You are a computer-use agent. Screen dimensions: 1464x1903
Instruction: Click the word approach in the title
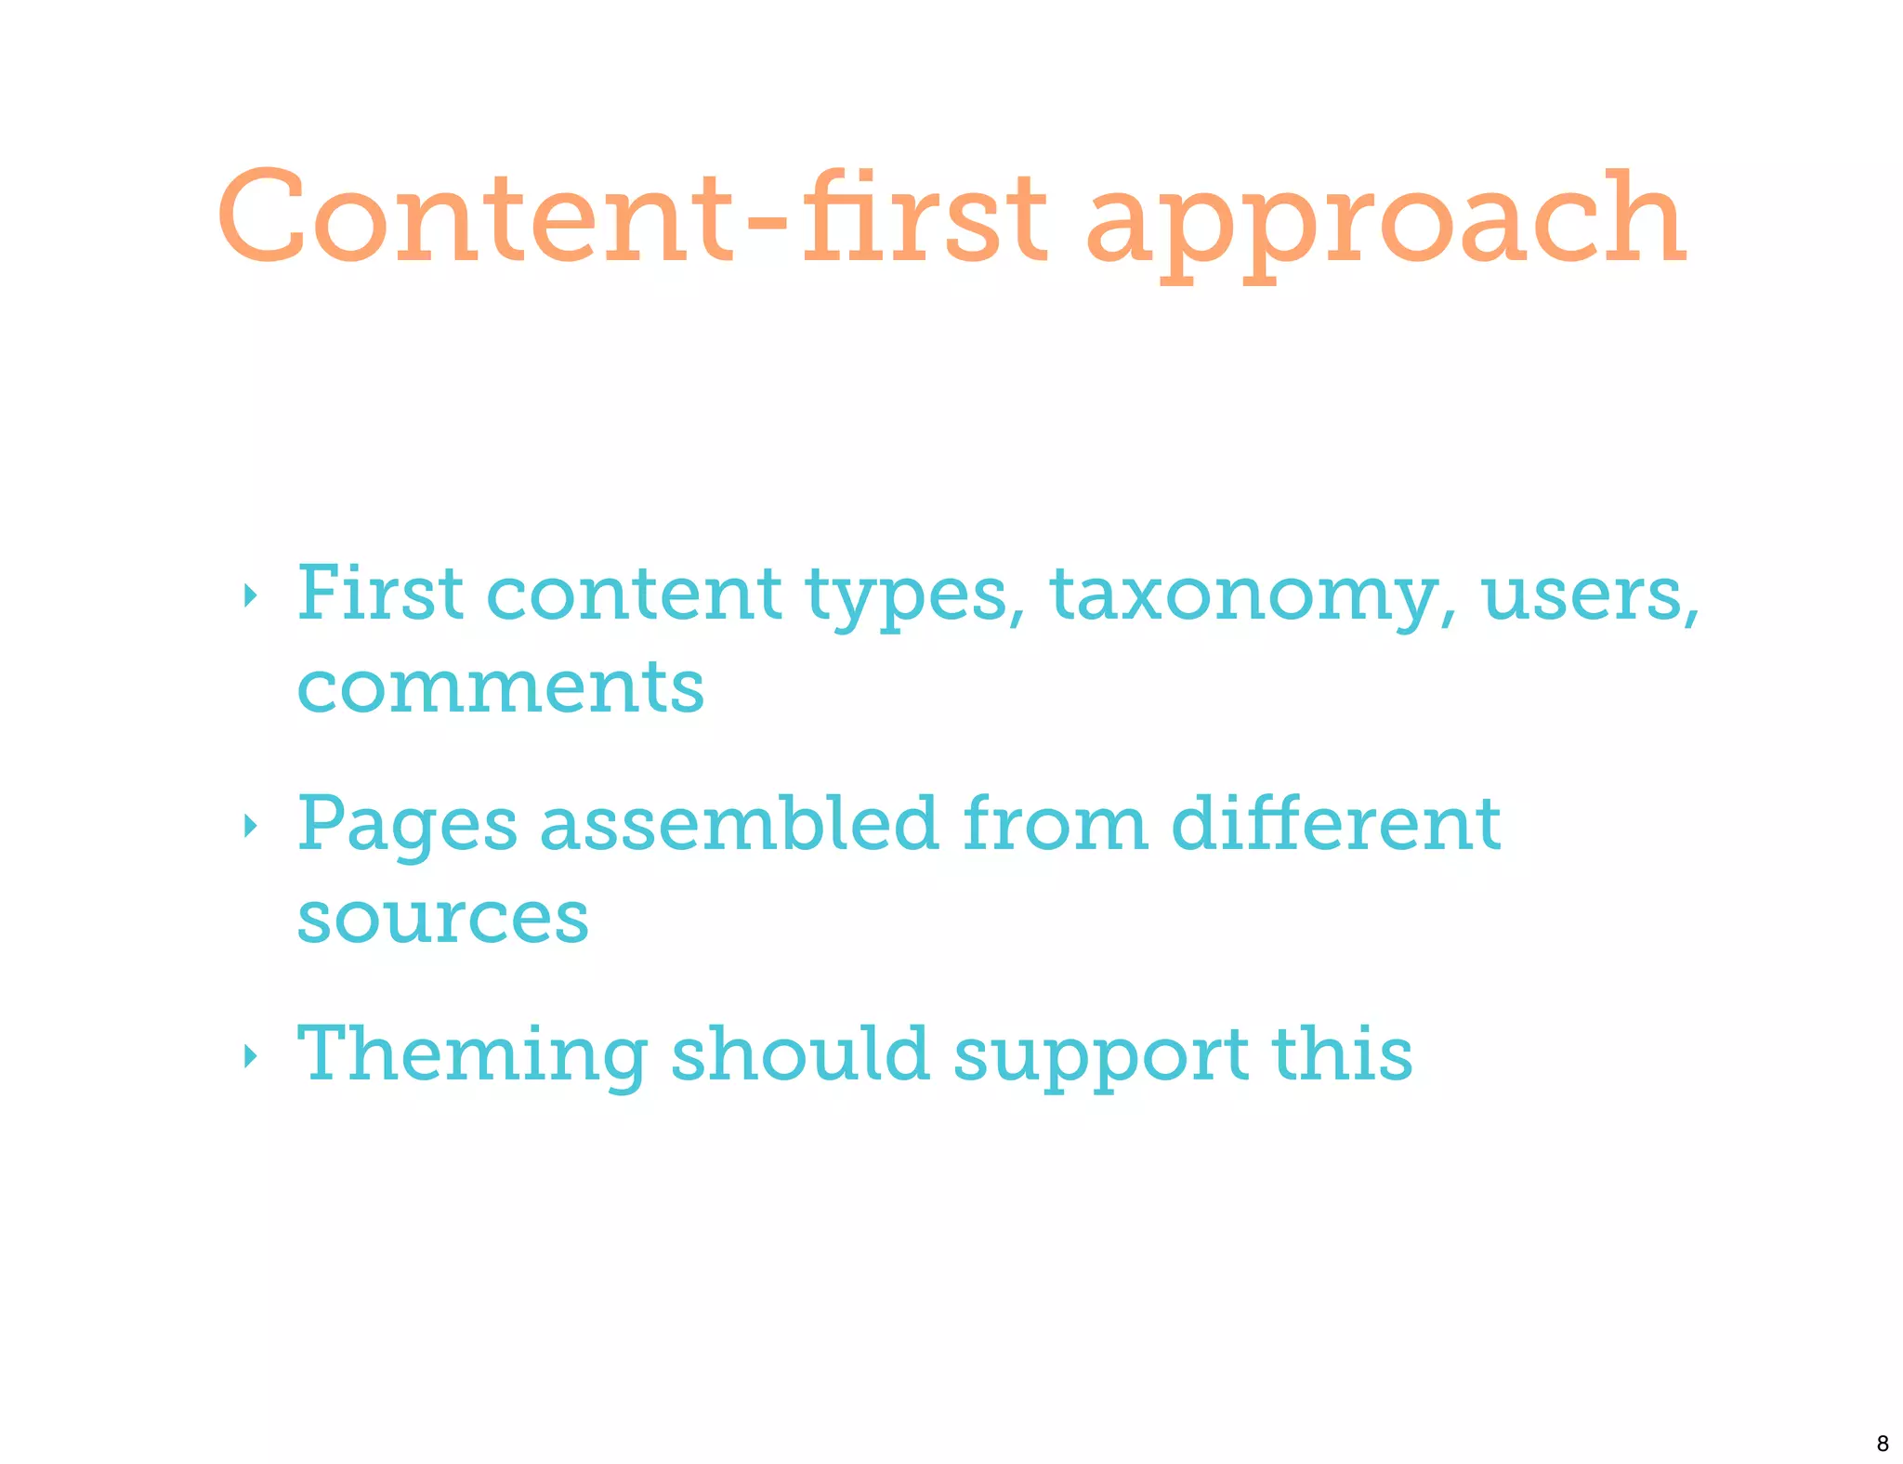click(x=1385, y=223)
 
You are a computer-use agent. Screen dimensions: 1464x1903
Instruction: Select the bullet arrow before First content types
click(x=249, y=595)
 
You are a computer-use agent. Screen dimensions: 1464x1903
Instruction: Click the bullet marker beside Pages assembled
click(x=249, y=825)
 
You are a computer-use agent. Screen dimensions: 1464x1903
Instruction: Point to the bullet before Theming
click(x=249, y=1055)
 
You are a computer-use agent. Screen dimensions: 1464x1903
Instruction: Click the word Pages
click(x=407, y=826)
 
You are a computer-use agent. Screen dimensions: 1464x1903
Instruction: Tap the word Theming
click(x=472, y=1055)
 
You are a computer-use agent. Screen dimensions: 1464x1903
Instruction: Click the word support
click(x=1101, y=1056)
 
